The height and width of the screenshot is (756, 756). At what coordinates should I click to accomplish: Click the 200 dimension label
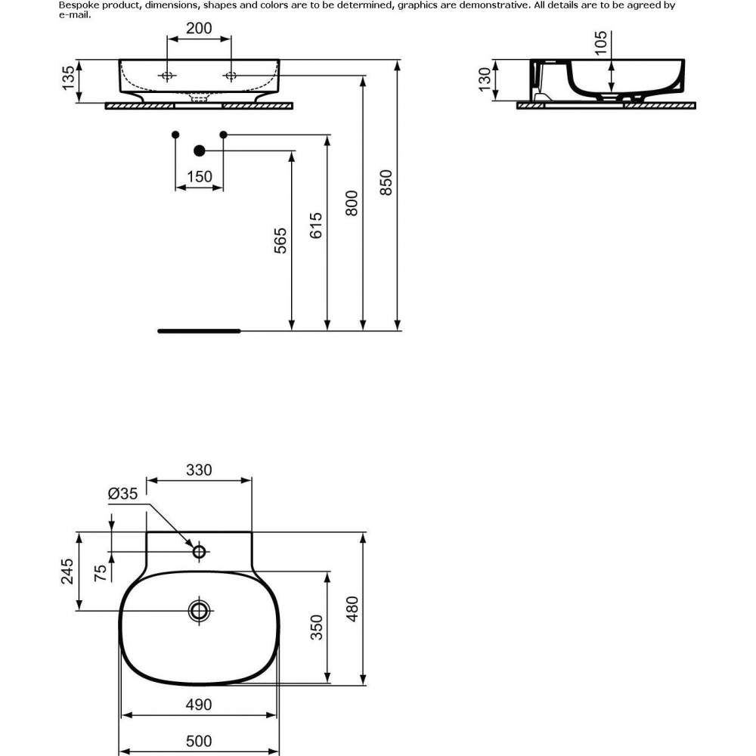tap(199, 28)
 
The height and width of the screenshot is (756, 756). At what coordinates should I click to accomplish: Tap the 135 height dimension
tap(69, 78)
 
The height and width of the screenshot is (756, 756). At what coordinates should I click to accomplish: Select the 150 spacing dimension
tap(199, 176)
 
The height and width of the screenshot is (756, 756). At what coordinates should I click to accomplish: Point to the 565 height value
tap(280, 240)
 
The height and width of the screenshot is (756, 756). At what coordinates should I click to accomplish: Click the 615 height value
tap(316, 225)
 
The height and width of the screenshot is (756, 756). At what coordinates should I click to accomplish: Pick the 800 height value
tap(352, 203)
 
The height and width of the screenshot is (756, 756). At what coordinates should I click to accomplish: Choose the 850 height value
tap(386, 182)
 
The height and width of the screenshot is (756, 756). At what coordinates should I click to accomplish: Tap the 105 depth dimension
tap(601, 43)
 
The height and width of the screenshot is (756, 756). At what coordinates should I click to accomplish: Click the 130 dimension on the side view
tap(485, 79)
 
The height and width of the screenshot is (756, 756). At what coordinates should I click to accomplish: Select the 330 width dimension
tap(199, 469)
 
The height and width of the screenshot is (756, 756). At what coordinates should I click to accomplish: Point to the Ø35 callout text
tap(123, 493)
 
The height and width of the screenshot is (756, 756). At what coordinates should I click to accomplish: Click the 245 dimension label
tap(67, 572)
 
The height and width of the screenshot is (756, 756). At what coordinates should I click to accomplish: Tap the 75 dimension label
tap(101, 573)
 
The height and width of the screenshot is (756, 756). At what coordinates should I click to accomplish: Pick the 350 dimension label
tap(316, 627)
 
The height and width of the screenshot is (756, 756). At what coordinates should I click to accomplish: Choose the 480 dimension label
tap(352, 609)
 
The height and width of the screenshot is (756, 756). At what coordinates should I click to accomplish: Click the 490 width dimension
tap(199, 705)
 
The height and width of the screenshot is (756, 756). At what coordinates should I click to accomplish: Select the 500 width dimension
tap(199, 741)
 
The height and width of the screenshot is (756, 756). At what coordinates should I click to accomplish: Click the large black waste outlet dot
tap(199, 151)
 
